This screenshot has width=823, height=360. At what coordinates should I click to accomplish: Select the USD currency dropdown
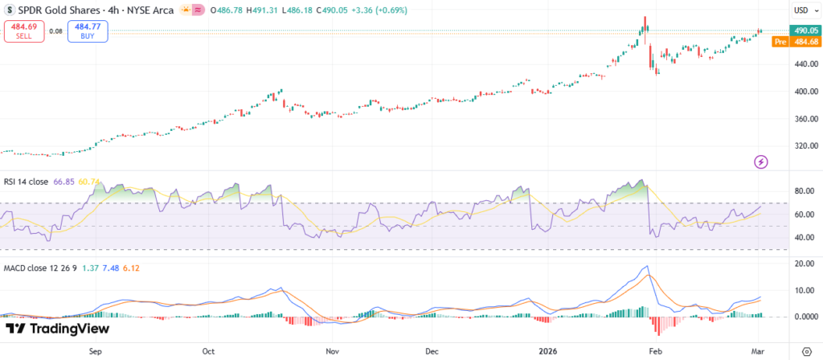(803, 11)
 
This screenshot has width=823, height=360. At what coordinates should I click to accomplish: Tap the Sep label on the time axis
(95, 351)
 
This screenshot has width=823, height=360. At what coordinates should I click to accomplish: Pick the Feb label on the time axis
(656, 351)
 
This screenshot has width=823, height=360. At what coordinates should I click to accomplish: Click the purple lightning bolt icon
(761, 162)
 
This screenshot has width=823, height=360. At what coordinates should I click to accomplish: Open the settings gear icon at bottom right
(807, 351)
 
